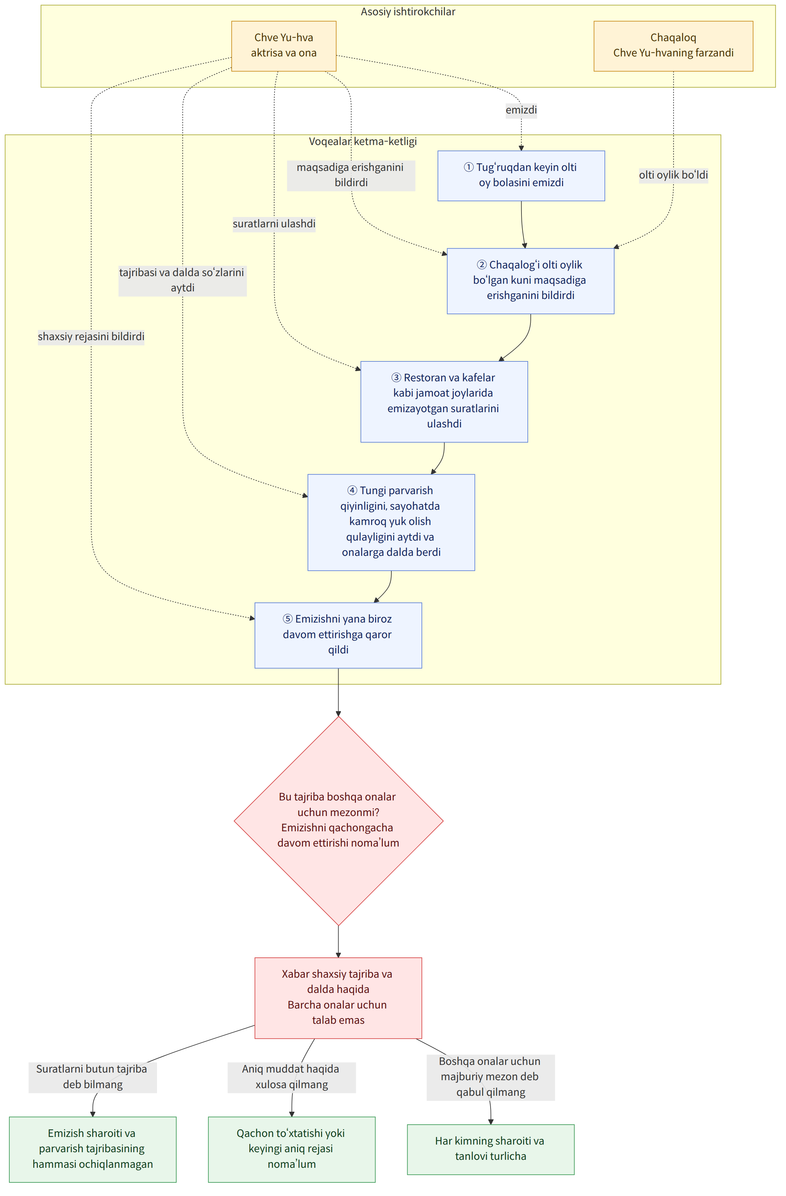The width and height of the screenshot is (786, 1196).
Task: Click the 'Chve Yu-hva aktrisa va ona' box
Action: (283, 46)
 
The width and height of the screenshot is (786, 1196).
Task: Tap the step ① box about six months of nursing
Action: (521, 175)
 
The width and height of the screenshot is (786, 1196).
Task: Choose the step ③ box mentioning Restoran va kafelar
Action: (444, 402)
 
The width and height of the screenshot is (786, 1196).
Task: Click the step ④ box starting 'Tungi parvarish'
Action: (391, 522)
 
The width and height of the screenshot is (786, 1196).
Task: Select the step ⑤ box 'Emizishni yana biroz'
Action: (338, 635)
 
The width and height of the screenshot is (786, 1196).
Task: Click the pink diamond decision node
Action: (338, 821)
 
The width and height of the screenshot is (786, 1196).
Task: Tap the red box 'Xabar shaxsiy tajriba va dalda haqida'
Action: (338, 998)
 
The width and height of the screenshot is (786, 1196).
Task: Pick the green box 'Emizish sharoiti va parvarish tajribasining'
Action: (93, 1149)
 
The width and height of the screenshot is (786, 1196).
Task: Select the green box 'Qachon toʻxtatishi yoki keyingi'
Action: (291, 1149)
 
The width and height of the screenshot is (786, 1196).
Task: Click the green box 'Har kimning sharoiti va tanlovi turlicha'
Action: (491, 1149)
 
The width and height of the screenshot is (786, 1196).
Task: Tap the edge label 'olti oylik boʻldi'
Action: (673, 175)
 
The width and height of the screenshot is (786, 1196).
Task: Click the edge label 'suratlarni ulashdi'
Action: (274, 224)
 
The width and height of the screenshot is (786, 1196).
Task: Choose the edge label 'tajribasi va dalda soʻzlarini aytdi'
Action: (183, 280)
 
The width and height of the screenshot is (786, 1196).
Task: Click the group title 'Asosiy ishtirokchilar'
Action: (408, 12)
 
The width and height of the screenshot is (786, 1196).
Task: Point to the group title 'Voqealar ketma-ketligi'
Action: (363, 141)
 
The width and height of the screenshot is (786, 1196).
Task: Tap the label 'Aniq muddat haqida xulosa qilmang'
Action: (291, 1077)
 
